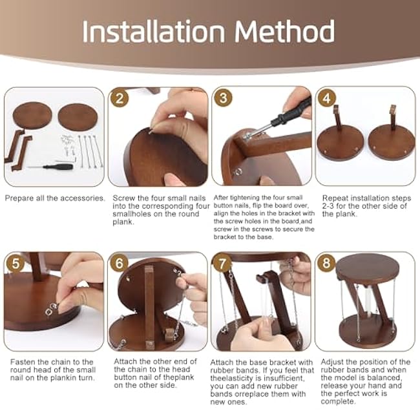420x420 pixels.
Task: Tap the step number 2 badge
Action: pyautogui.click(x=120, y=98)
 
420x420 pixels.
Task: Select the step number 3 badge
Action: pyautogui.click(x=224, y=98)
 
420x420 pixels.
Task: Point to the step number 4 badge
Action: pyautogui.click(x=327, y=98)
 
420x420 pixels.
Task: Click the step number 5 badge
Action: pyautogui.click(x=16, y=263)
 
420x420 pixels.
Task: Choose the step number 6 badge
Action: pyautogui.click(x=120, y=263)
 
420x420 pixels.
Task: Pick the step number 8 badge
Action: pyautogui.click(x=326, y=263)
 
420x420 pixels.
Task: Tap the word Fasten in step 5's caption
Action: pyautogui.click(x=23, y=362)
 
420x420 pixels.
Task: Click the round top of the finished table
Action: pyautogui.click(x=367, y=266)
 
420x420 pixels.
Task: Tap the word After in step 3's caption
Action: pyautogui.click(x=221, y=198)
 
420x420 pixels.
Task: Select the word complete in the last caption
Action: pyautogui.click(x=338, y=402)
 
